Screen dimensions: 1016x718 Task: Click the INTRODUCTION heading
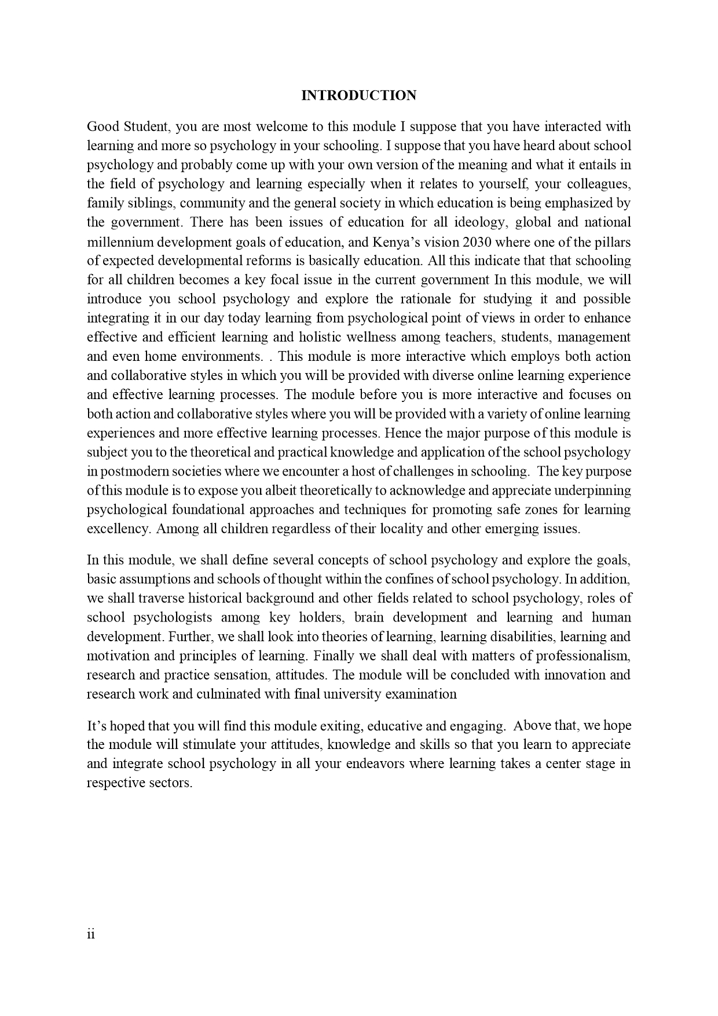tap(358, 96)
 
